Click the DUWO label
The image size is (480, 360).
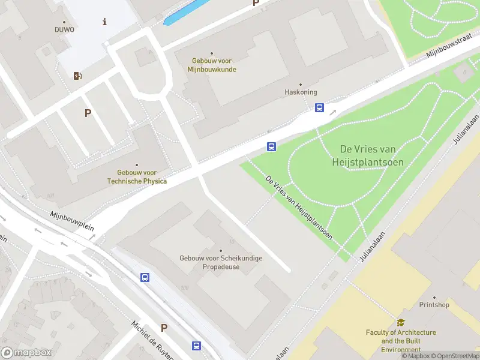pos(64,29)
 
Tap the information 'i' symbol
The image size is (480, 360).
pos(105,22)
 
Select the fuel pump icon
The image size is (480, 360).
pos(77,76)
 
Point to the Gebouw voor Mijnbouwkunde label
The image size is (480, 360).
pos(212,65)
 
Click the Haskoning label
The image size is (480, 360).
pos(299,92)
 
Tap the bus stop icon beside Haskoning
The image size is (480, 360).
pos(320,108)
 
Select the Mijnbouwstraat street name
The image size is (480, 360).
pos(449,47)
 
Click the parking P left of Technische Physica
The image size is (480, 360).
pos(88,113)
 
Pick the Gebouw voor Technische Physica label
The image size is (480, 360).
pos(137,176)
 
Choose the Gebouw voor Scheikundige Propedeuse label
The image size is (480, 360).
pos(221,262)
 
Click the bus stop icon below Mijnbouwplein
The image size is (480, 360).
pos(145,277)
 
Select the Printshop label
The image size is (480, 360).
pos(434,305)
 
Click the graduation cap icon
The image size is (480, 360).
pos(401,323)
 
